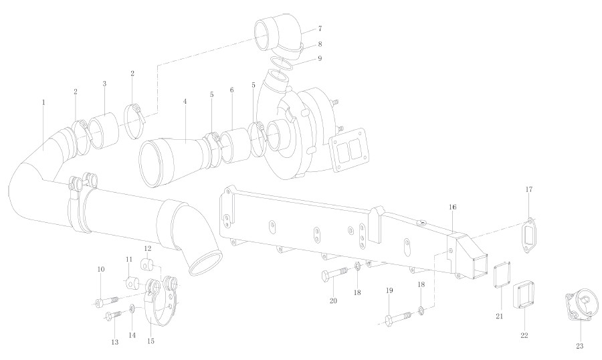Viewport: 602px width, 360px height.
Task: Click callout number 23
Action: pos(579,346)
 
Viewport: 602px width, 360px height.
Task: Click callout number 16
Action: pos(453,207)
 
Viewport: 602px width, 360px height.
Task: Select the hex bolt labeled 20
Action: pos(335,274)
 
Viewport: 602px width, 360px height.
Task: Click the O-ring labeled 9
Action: pos(282,63)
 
